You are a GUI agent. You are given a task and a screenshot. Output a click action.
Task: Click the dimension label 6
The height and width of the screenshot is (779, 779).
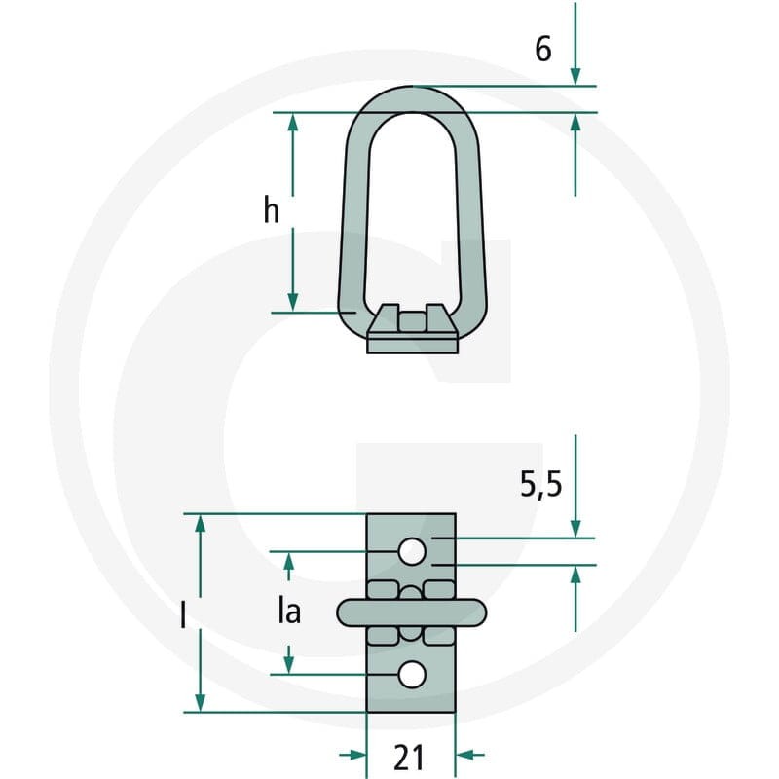[543, 50]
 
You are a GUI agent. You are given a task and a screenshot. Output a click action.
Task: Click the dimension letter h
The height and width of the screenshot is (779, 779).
[272, 209]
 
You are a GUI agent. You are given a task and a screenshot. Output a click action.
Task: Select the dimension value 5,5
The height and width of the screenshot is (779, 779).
[541, 484]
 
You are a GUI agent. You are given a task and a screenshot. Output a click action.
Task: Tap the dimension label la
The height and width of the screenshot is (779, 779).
[289, 612]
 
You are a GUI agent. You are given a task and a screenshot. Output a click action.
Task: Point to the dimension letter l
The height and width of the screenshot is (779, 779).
[183, 614]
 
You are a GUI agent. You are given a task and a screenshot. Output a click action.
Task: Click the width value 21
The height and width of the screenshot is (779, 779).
[410, 758]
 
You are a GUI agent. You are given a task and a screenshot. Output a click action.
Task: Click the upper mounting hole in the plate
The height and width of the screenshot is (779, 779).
[412, 551]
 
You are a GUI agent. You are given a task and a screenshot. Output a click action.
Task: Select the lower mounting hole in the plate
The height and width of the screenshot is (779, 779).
[412, 675]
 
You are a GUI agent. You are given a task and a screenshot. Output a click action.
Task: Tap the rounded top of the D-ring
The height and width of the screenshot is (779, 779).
[412, 99]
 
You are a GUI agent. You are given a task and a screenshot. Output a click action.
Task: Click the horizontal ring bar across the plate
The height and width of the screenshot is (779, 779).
[412, 612]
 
